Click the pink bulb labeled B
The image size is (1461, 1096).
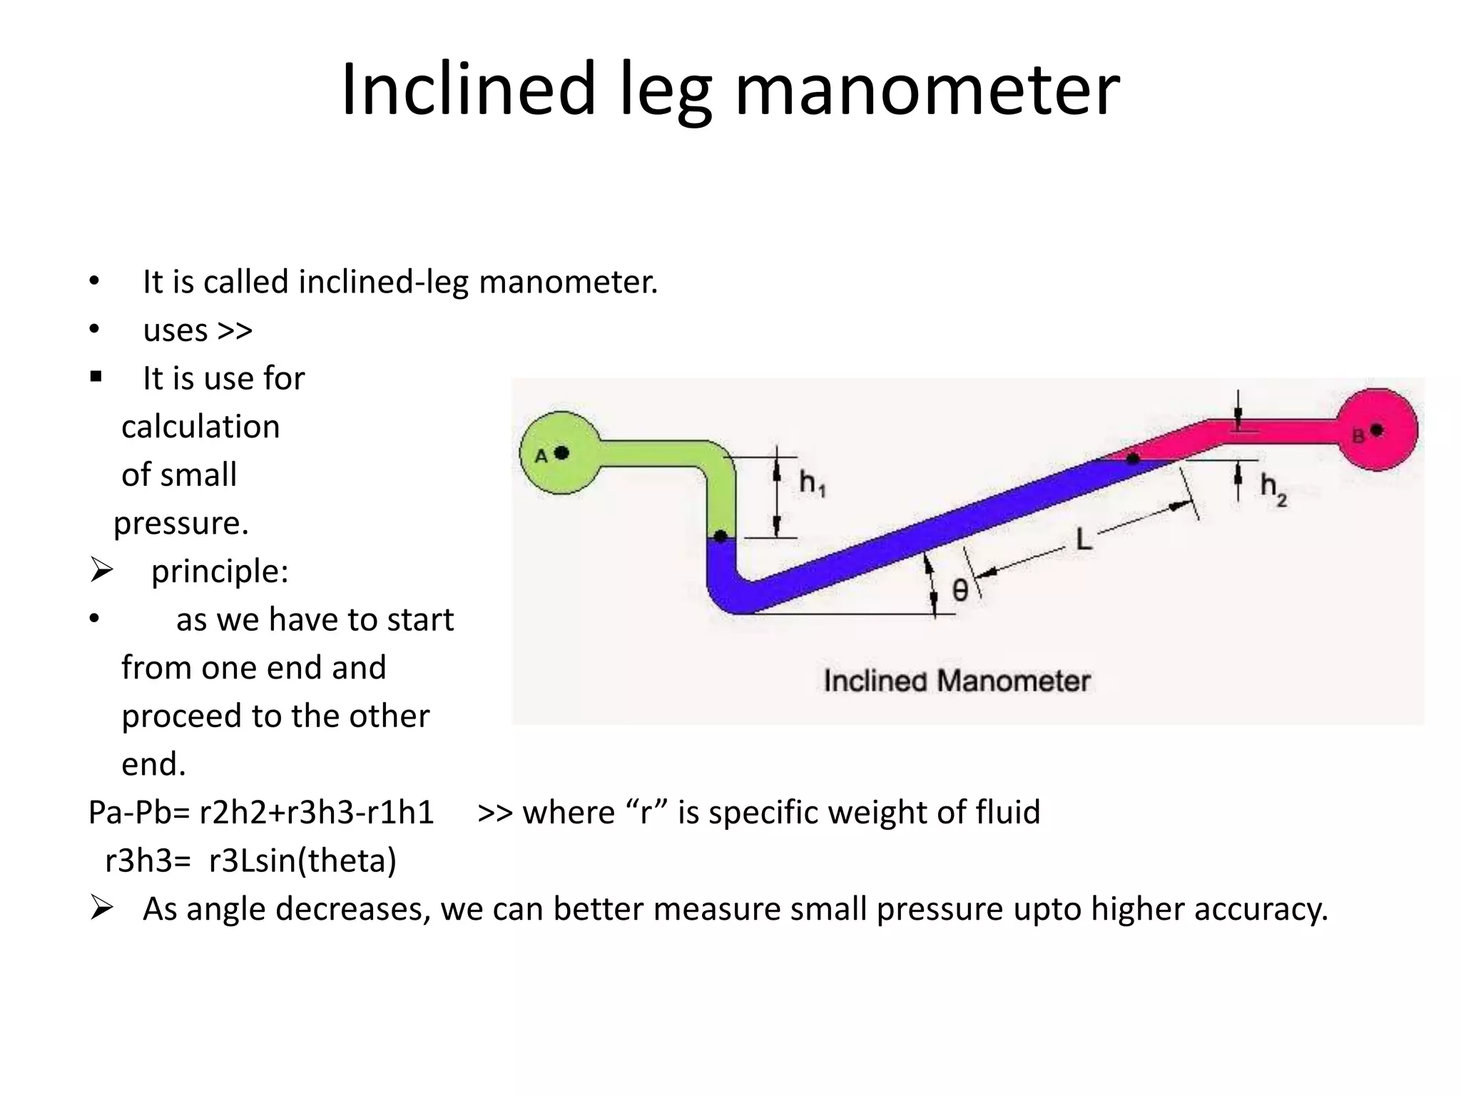(x=1377, y=430)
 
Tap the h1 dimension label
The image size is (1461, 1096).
(x=812, y=483)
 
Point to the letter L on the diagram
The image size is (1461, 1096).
(x=1083, y=539)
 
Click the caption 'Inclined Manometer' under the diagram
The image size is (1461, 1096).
(x=957, y=681)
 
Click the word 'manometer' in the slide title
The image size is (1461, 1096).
(x=927, y=89)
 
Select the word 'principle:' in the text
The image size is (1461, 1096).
(x=220, y=572)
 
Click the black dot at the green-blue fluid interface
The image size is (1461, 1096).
(x=721, y=536)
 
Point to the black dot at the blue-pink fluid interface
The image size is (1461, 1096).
(x=1133, y=459)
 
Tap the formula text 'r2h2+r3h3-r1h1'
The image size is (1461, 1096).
(x=316, y=813)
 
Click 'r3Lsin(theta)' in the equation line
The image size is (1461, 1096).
(x=302, y=861)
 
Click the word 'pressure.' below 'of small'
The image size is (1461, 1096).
(x=181, y=523)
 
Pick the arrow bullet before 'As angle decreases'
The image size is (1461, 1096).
(x=101, y=908)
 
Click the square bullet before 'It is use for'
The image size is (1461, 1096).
(x=96, y=377)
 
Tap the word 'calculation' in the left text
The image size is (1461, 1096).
(x=200, y=427)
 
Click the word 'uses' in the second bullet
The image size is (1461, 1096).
(x=175, y=330)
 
